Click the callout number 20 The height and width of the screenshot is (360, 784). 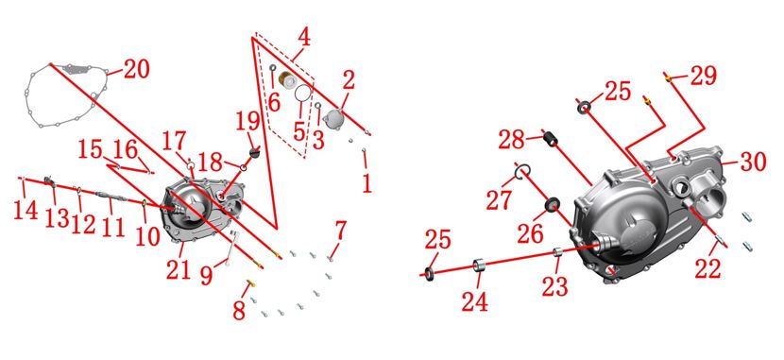pyautogui.click(x=137, y=69)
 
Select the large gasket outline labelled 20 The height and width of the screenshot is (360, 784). pyautogui.click(x=31, y=95)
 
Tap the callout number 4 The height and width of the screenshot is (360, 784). pyautogui.click(x=303, y=39)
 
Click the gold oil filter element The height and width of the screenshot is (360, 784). pyautogui.click(x=287, y=80)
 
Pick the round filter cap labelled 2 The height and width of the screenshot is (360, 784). pyautogui.click(x=332, y=119)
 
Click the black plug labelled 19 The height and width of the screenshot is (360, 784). pyautogui.click(x=255, y=152)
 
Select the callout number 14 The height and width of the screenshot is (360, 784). pyautogui.click(x=25, y=210)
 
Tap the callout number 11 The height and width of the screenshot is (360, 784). pyautogui.click(x=112, y=228)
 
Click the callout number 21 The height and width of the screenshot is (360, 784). pyautogui.click(x=179, y=270)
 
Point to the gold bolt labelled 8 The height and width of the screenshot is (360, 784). pyautogui.click(x=250, y=283)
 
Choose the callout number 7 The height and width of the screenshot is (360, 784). pyautogui.click(x=340, y=230)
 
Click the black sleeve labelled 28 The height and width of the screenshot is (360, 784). pyautogui.click(x=550, y=138)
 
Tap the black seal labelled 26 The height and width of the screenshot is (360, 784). pyautogui.click(x=552, y=204)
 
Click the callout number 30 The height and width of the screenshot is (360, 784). pyautogui.click(x=754, y=161)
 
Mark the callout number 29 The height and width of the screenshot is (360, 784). pyautogui.click(x=704, y=76)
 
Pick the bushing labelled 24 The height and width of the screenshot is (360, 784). pyautogui.click(x=480, y=265)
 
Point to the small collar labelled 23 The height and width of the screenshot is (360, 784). pyautogui.click(x=558, y=251)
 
